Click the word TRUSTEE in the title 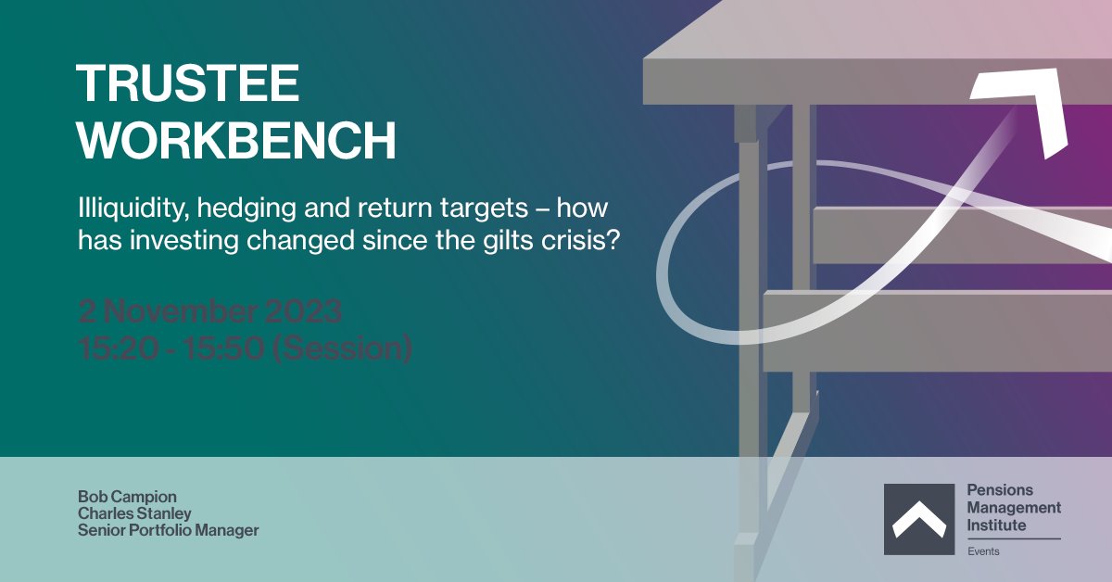pyautogui.click(x=188, y=84)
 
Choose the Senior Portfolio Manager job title pyautogui.click(x=169, y=531)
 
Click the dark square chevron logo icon pyautogui.click(x=918, y=519)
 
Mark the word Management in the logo pyautogui.click(x=1014, y=508)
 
